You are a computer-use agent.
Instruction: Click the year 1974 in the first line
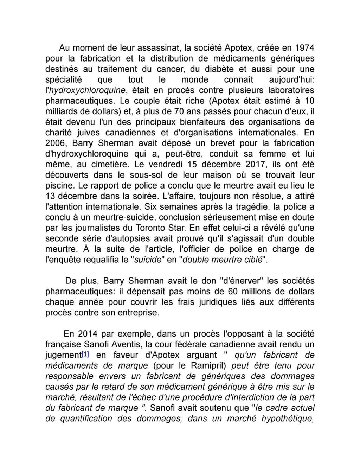pos(304,47)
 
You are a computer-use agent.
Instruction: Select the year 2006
pos(57,143)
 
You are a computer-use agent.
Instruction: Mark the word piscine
pos(58,185)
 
